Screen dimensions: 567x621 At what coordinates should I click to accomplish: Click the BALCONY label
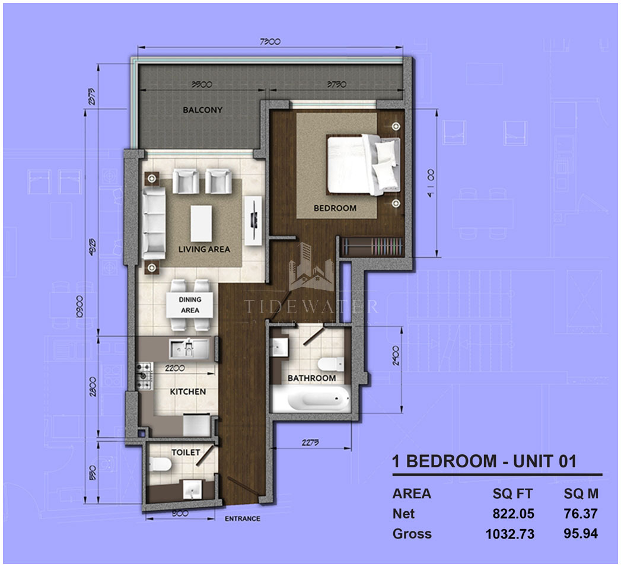[x=203, y=110]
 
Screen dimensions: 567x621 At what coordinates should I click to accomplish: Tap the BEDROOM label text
[x=335, y=208]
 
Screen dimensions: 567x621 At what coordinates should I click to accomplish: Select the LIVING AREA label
[x=204, y=249]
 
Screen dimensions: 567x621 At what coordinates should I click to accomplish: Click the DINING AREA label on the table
[x=190, y=305]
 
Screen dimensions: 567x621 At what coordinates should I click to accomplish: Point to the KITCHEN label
[x=188, y=391]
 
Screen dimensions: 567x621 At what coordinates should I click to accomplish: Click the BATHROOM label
[x=311, y=378]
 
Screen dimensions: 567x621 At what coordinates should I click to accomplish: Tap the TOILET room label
[x=186, y=452]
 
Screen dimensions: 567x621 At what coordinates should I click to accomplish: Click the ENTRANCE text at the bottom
[x=242, y=518]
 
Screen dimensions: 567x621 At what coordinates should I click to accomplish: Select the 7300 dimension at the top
[x=270, y=42]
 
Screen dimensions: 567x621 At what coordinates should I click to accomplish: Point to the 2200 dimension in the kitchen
[x=176, y=368]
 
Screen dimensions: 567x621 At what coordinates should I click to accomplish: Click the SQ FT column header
[x=512, y=493]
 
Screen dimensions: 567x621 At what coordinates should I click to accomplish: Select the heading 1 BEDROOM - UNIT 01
[x=484, y=461]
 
